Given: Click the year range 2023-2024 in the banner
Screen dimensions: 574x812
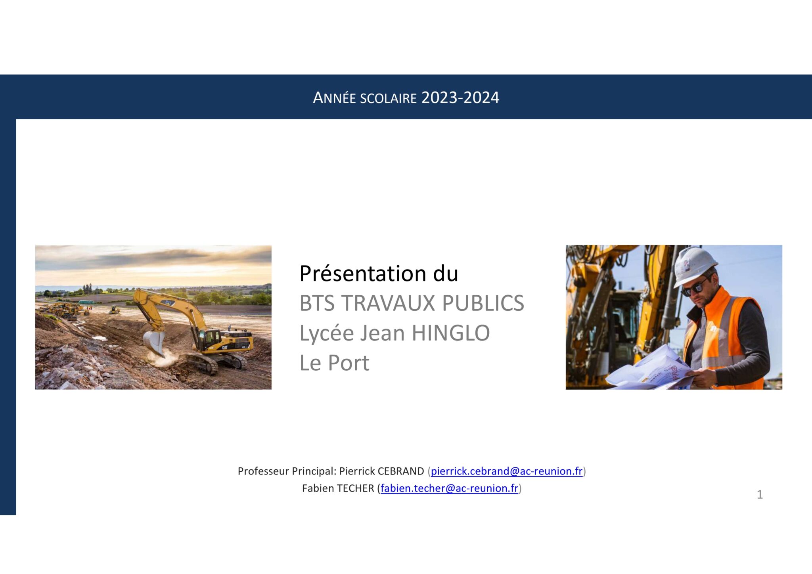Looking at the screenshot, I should (x=460, y=98).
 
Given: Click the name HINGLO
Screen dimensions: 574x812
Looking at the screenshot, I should (x=450, y=333).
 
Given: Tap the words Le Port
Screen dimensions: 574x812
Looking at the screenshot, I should (x=334, y=363).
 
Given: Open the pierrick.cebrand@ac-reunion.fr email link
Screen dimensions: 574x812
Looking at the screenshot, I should (x=506, y=471).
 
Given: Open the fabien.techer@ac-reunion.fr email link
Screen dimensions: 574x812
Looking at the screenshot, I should (x=449, y=488).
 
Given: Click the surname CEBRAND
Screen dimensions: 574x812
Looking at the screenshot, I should (x=400, y=471).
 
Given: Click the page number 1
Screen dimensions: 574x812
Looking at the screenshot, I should (x=760, y=494).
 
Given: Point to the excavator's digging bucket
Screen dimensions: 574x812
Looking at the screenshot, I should (x=154, y=342).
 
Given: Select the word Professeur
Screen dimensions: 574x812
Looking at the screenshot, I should (x=263, y=471).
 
